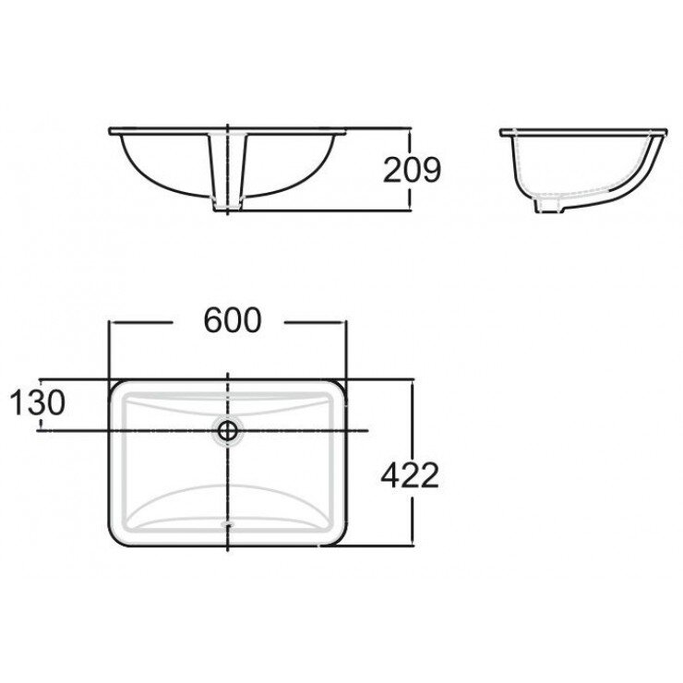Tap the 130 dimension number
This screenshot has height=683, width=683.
(x=38, y=402)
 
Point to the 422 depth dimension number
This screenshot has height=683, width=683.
(x=407, y=476)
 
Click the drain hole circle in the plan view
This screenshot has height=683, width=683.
(x=227, y=430)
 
